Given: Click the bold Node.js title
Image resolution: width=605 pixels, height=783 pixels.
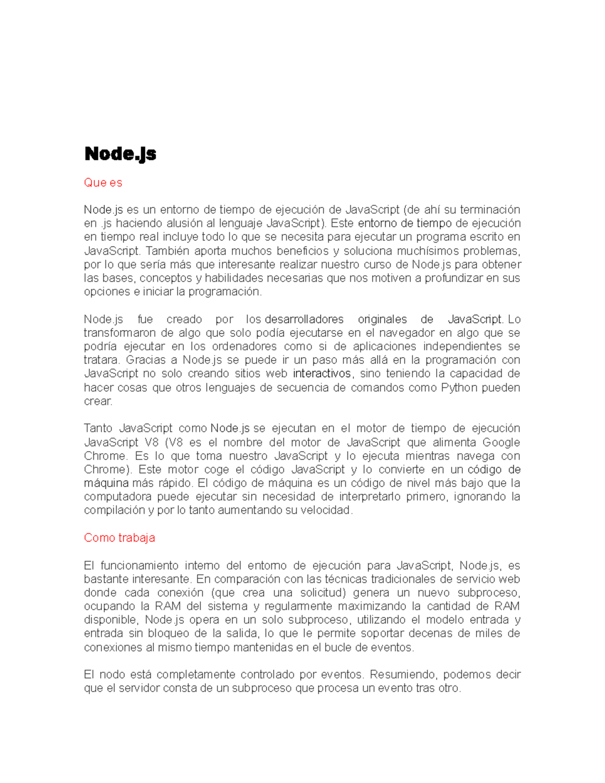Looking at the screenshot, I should pos(120,154).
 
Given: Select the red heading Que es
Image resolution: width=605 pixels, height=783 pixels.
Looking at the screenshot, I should pos(103,183).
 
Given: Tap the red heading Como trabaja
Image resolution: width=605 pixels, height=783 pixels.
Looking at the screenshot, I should pos(119,538).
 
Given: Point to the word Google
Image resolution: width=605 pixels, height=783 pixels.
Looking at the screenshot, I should pos(501,442).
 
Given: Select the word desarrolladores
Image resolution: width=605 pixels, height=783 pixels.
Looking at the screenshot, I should pos(304,319).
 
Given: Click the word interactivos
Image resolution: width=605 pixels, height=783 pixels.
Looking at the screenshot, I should pos(322,374).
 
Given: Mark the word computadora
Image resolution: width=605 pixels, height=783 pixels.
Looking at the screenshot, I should pos(117,497).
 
